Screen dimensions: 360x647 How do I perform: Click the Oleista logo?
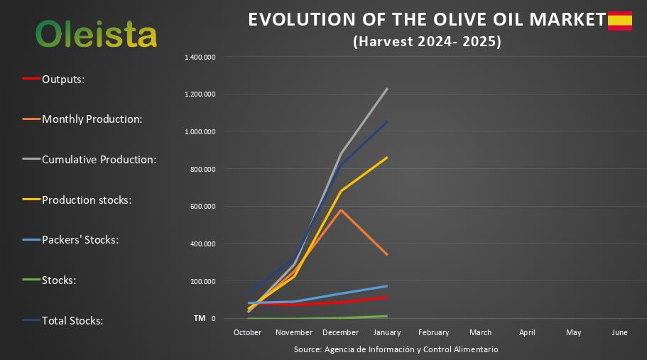coord(96,33)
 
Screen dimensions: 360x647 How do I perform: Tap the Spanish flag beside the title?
coord(619,21)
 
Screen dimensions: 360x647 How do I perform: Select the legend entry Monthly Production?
coord(92,119)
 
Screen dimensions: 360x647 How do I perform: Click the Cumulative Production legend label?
coord(99,160)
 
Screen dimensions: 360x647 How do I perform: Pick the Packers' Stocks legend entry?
coord(80,240)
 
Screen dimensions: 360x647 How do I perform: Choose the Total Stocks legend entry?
coord(72,321)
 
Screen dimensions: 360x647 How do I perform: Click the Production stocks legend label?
coord(87,200)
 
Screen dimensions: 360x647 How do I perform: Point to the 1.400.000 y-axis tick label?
coord(200,57)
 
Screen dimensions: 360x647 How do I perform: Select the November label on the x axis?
coord(294,332)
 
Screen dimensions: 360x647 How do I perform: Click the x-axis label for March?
coord(480,332)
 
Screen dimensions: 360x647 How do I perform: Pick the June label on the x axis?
coord(619,332)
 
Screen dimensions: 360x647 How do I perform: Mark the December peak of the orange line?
coord(341,210)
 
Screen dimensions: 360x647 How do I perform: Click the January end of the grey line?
coord(387,89)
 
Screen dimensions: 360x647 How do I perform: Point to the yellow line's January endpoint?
coord(387,158)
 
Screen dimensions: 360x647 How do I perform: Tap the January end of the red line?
coord(387,297)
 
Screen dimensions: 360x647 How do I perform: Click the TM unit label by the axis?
coord(200,318)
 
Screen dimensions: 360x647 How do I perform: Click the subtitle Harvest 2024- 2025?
coord(427,42)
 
